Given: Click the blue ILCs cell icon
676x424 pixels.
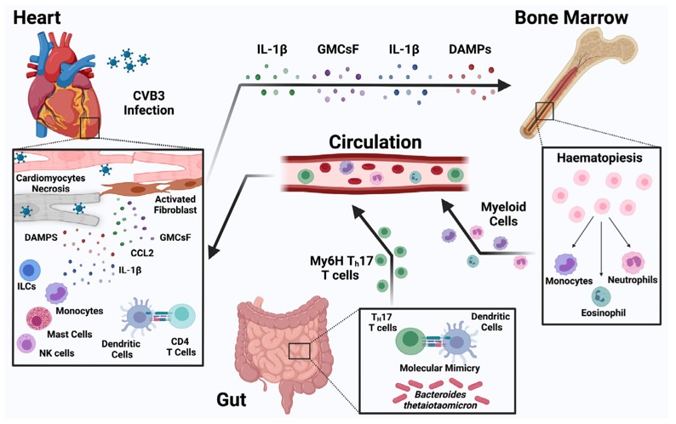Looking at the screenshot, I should point(30,271).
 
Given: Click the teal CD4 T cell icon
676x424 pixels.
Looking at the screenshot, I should point(180,315).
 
